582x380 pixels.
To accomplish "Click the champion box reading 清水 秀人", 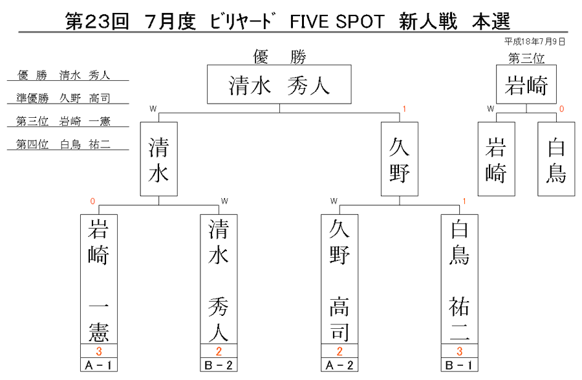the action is pyautogui.click(x=279, y=84).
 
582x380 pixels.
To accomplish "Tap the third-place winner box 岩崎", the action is pyautogui.click(x=526, y=84).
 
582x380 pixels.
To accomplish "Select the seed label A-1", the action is pyautogui.click(x=99, y=364).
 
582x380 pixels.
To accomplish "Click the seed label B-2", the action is pyautogui.click(x=219, y=364).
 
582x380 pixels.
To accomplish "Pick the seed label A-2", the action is pyautogui.click(x=339, y=364).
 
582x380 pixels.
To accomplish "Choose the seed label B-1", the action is pyautogui.click(x=460, y=364).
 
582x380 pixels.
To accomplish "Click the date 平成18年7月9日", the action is pyautogui.click(x=535, y=41).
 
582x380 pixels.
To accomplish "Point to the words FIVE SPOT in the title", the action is pyautogui.click(x=337, y=21).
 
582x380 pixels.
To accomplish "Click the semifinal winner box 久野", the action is pyautogui.click(x=400, y=159).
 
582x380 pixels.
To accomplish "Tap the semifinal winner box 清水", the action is pyautogui.click(x=159, y=159).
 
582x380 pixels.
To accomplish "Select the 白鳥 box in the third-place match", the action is pyautogui.click(x=556, y=159).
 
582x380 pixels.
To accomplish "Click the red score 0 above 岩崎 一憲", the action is pyautogui.click(x=92, y=201).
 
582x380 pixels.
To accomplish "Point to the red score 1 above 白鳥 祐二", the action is pyautogui.click(x=464, y=201).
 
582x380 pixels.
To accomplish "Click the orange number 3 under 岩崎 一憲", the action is pyautogui.click(x=99, y=351).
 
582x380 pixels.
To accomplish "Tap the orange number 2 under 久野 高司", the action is pyautogui.click(x=339, y=351).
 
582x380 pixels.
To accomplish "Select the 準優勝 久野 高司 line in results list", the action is pyautogui.click(x=63, y=98).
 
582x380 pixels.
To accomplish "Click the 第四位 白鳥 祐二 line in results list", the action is pyautogui.click(x=63, y=144).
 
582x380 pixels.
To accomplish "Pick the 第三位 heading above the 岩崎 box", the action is pyautogui.click(x=526, y=58).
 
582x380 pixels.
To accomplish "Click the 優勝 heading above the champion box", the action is pyautogui.click(x=279, y=57).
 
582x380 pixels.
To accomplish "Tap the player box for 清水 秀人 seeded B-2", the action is pyautogui.click(x=219, y=279).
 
